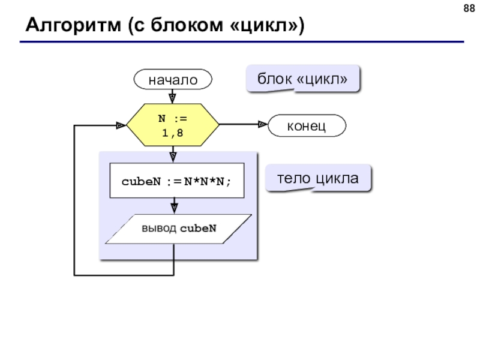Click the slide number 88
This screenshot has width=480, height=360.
click(469, 8)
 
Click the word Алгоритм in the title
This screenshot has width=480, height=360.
click(73, 25)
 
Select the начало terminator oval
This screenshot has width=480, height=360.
click(173, 79)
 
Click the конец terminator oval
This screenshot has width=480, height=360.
click(307, 125)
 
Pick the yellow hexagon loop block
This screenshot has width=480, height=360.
click(173, 125)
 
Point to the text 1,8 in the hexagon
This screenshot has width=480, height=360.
click(173, 133)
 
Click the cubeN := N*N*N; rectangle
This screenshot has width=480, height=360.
click(177, 181)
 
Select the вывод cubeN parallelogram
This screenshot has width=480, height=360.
click(178, 229)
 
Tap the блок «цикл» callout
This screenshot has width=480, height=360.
click(302, 79)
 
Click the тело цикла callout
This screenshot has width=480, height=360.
click(318, 178)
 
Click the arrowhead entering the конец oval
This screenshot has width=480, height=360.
click(263, 124)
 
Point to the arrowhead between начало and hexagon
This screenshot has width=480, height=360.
click(172, 98)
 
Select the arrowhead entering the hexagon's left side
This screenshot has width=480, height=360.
click(121, 125)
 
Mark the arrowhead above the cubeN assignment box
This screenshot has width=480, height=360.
click(173, 157)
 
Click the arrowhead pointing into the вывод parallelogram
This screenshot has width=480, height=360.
click(174, 209)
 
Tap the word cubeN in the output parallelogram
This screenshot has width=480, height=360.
click(198, 229)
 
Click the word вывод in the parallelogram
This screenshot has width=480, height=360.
click(159, 229)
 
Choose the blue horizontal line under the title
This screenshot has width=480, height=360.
click(242, 41)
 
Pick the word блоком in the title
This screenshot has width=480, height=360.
click(187, 25)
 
